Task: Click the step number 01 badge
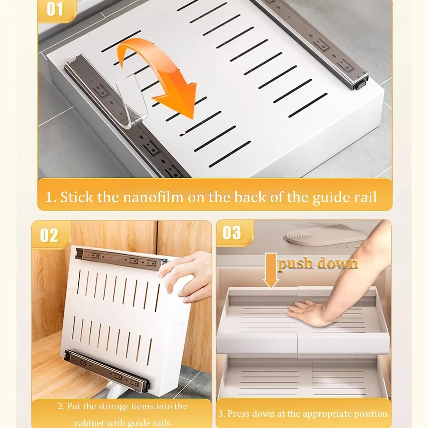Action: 55,10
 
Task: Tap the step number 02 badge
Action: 49,235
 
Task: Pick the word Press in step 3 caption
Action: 238,414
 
